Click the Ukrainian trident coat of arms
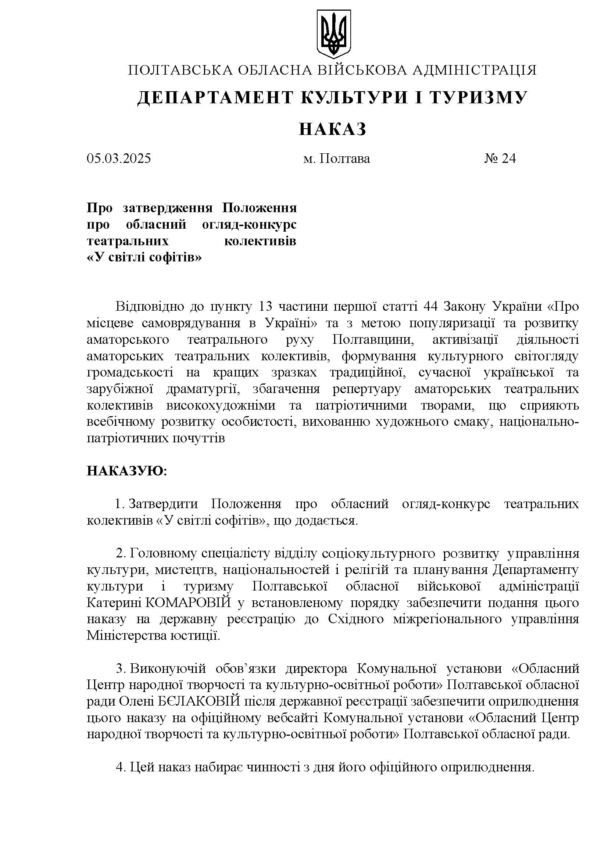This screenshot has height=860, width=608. (333, 34)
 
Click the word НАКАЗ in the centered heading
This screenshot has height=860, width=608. (332, 129)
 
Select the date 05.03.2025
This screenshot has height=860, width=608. (119, 158)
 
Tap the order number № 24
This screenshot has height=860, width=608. (500, 158)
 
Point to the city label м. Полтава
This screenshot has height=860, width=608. (336, 158)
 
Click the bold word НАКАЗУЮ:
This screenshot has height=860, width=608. (127, 471)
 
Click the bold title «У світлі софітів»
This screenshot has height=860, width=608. (144, 258)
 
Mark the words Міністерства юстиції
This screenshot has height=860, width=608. (153, 636)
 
